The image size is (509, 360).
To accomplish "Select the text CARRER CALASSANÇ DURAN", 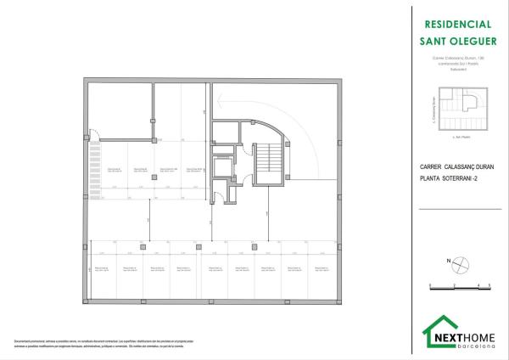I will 456,167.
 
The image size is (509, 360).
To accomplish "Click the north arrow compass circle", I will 458,264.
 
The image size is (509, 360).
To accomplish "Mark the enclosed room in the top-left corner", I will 118,111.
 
